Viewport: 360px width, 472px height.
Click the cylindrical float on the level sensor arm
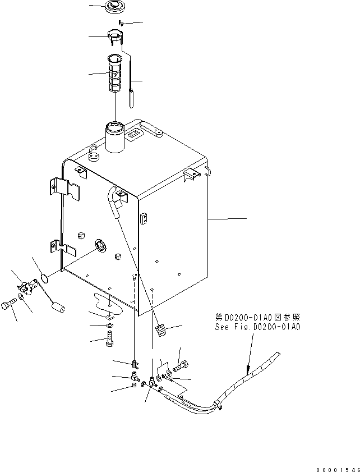pyautogui.click(x=59, y=307)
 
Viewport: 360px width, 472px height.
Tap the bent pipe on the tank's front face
pyautogui.click(x=117, y=201)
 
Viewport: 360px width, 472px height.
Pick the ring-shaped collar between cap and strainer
pyautogui.click(x=113, y=36)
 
